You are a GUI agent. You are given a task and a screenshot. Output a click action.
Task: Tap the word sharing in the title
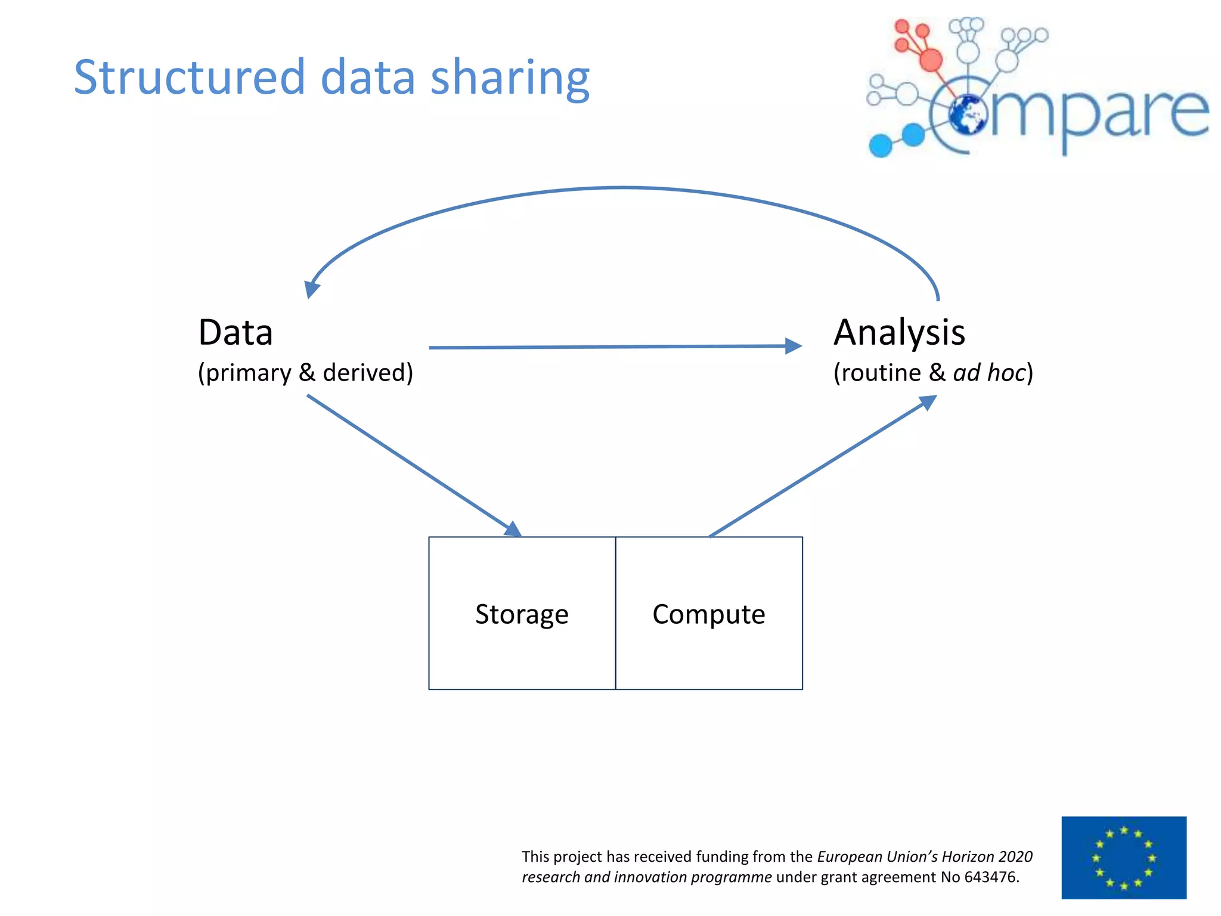tap(510, 79)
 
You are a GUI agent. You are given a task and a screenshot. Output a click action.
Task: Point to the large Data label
tap(235, 332)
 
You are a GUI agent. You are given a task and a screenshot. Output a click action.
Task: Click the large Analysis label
tap(899, 332)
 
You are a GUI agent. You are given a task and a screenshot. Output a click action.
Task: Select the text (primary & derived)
tap(305, 373)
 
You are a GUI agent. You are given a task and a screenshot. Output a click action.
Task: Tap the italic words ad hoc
tap(989, 373)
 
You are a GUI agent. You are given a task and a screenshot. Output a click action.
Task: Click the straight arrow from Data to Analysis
tap(614, 346)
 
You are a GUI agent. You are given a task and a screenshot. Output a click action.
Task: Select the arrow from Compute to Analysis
tap(823, 466)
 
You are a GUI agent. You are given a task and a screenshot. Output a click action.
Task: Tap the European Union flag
tap(1124, 858)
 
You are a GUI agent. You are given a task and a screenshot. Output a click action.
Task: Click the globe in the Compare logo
tap(968, 114)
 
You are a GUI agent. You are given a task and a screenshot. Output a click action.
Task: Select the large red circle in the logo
tap(931, 59)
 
